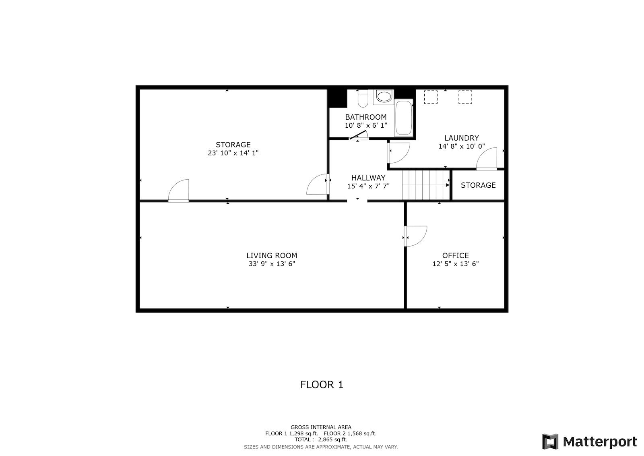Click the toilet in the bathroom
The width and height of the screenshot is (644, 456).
(363, 98)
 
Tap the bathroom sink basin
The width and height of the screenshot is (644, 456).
(384, 96)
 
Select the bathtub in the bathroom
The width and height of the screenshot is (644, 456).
(403, 118)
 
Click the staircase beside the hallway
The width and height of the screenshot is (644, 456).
(426, 185)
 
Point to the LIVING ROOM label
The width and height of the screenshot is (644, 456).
(272, 255)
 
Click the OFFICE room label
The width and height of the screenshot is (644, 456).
(455, 255)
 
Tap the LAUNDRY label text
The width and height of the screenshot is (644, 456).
(461, 138)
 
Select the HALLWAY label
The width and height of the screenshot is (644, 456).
(368, 178)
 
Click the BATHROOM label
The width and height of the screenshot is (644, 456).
(366, 117)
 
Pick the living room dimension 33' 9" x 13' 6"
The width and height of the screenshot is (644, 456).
(272, 264)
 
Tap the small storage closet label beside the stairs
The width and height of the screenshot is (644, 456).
(478, 185)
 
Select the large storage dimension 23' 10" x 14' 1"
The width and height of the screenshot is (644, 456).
(233, 153)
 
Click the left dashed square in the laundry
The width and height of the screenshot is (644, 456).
(431, 97)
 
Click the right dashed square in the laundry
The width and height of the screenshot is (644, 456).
(465, 97)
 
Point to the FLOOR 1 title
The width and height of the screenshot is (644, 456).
(322, 385)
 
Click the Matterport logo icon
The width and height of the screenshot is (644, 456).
(550, 441)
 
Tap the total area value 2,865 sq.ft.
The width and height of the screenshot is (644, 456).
(332, 439)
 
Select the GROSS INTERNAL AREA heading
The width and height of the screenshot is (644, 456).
(321, 427)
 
